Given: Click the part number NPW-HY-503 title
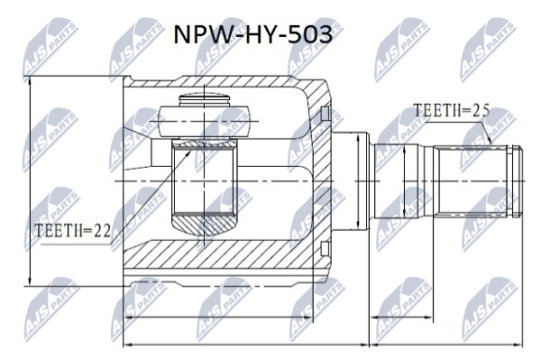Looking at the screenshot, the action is pos(252,34).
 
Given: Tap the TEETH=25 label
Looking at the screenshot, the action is pos(452,111).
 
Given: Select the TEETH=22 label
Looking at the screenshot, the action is pos(73,231).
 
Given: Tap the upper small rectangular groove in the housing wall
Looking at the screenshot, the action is pos(325,114).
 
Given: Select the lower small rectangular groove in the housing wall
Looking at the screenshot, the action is pos(325,249).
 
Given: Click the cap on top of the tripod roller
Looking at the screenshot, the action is pos(205,100).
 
